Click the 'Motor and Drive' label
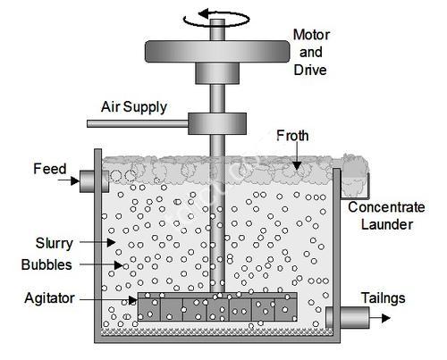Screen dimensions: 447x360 311,53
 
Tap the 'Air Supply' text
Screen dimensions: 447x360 134,107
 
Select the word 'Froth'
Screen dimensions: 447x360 292,136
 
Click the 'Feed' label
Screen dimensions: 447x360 50,169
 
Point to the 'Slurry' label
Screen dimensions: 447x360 55,244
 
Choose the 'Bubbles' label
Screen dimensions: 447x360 46,264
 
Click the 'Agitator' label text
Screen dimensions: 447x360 49,298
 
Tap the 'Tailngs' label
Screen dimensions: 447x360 384,298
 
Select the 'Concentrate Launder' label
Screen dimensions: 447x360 386,216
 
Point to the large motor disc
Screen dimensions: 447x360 217,52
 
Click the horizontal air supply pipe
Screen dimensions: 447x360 138,123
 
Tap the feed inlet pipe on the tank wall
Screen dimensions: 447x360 94,181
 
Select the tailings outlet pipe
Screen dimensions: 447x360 348,318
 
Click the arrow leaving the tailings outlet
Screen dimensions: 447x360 380,318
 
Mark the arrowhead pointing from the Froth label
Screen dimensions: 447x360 297,165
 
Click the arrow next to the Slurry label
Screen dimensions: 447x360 97,242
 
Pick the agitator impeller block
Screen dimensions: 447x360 217,306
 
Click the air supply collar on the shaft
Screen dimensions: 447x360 217,123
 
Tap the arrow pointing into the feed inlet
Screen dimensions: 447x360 69,180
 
